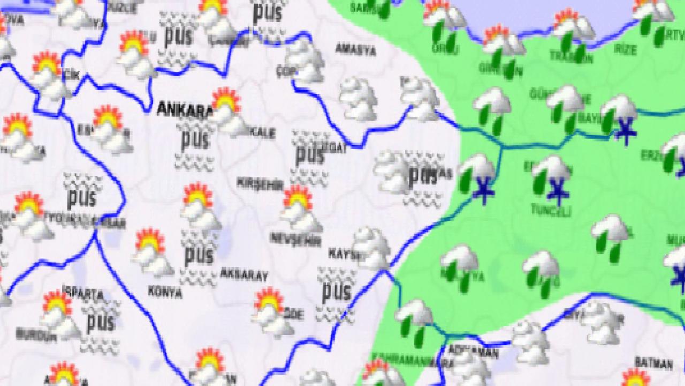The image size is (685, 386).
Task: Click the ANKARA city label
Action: (x=184, y=109)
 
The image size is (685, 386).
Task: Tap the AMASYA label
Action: (x=355, y=50)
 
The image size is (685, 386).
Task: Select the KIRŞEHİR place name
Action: (x=260, y=183)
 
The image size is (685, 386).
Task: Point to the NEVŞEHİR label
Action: (x=296, y=239)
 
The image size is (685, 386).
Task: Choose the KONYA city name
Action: (x=165, y=293)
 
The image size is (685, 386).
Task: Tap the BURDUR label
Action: (x=36, y=335)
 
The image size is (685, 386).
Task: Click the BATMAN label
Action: (x=653, y=364)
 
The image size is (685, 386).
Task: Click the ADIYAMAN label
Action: (x=473, y=352)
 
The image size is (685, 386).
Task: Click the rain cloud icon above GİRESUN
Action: (x=502, y=44)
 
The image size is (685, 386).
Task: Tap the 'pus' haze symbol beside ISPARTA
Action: (x=100, y=323)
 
